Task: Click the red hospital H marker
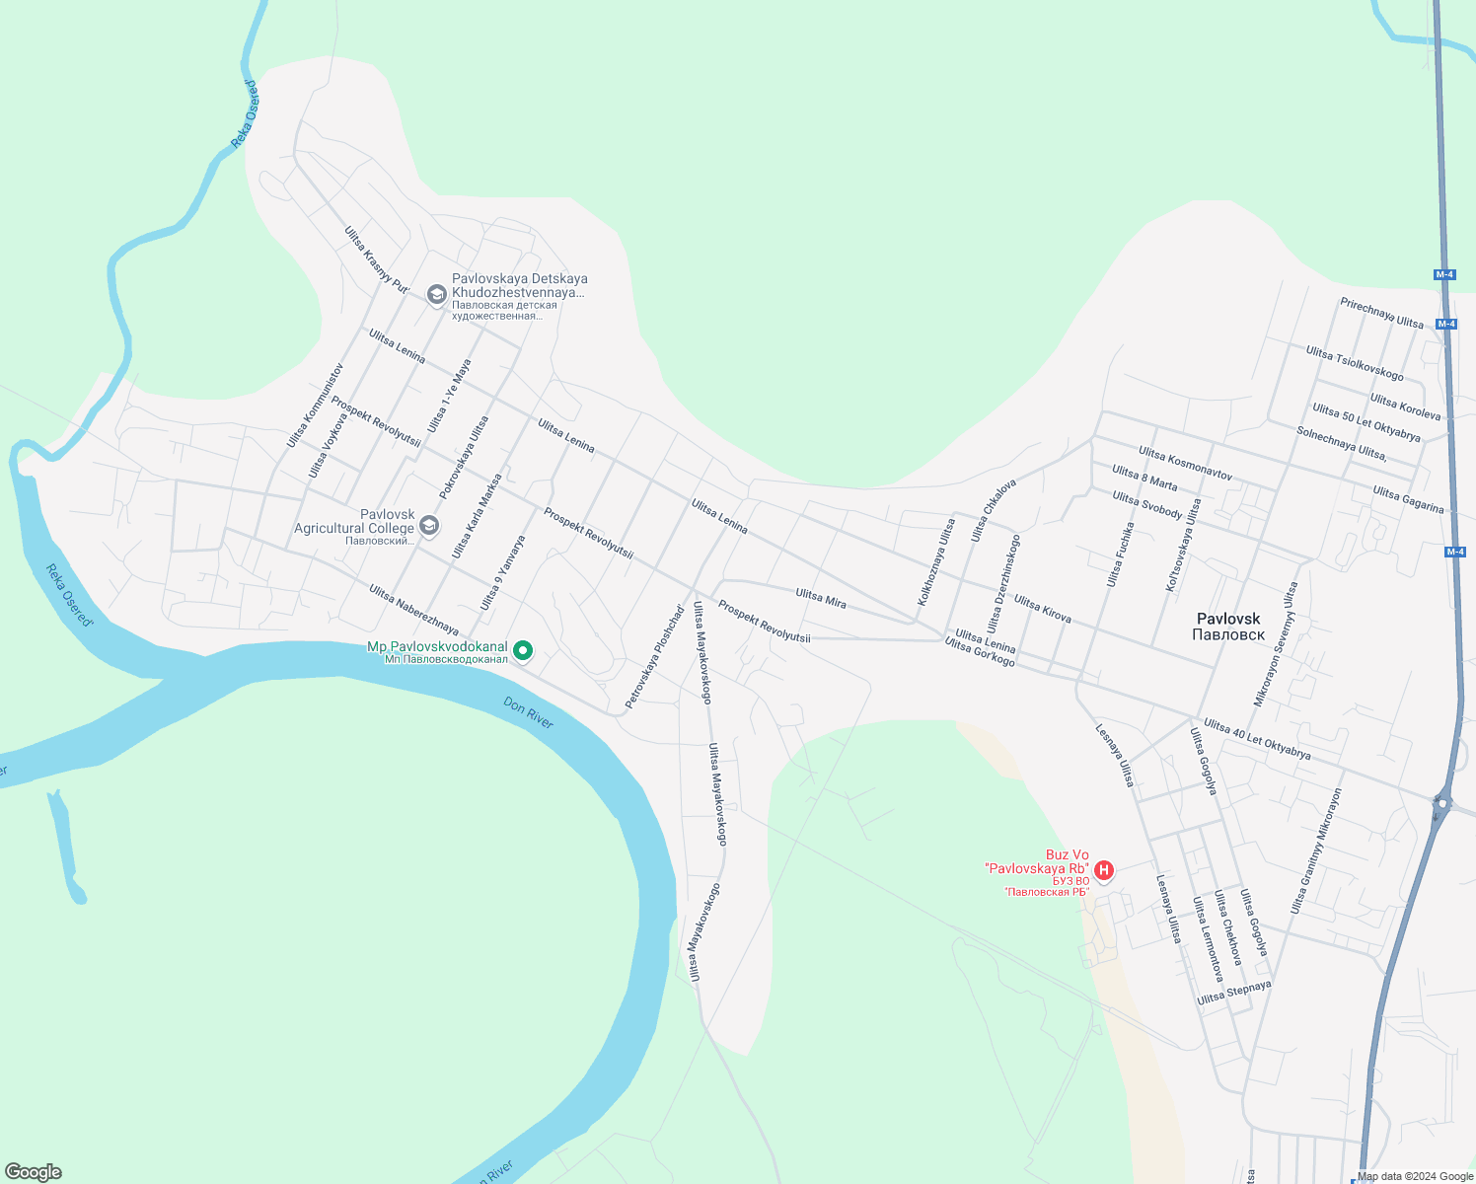tap(1105, 870)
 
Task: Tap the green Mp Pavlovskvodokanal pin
tap(524, 649)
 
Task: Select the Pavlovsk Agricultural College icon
tap(428, 525)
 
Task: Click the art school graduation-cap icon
tap(436, 294)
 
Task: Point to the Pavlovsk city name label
tap(1227, 627)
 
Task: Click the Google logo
tap(34, 1172)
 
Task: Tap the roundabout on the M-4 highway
tap(1442, 804)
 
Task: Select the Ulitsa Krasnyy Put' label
tap(376, 259)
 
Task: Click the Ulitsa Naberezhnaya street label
tap(413, 610)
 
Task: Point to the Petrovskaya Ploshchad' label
tap(654, 657)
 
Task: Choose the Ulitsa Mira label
tap(821, 597)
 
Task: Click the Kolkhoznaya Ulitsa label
tap(936, 562)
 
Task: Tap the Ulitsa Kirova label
tap(1042, 609)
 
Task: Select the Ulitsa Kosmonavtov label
tap(1185, 463)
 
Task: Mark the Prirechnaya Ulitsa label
tap(1381, 313)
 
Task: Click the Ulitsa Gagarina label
tap(1408, 499)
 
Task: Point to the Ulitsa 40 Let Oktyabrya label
tap(1257, 739)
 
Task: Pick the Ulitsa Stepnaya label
tap(1233, 993)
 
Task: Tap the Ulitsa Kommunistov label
tap(315, 406)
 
